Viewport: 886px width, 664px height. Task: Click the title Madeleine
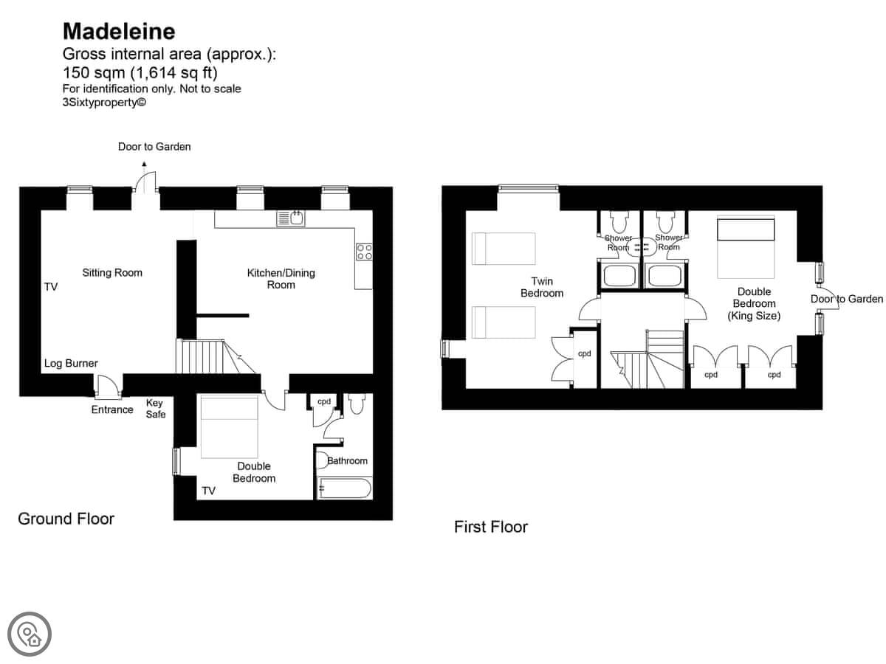[119, 32]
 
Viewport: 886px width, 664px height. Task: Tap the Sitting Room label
[112, 272]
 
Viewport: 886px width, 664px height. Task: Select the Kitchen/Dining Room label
[281, 279]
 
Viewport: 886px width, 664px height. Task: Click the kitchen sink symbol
[291, 218]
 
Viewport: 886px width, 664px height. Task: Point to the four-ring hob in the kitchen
[364, 252]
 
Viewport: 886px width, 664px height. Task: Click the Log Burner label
[71, 363]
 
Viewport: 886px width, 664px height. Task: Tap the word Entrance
[112, 409]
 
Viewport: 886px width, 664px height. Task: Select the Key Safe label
[156, 409]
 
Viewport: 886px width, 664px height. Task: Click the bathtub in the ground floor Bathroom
[344, 488]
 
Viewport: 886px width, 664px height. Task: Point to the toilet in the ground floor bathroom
[357, 404]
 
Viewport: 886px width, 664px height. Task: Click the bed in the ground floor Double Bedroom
[230, 427]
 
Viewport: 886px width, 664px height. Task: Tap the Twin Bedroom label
[542, 287]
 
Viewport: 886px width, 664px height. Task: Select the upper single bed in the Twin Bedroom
[504, 249]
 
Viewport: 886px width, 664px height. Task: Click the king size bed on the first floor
[746, 247]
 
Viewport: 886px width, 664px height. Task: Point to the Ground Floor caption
[66, 519]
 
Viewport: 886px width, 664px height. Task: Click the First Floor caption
[491, 527]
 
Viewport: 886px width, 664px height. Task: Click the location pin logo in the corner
[30, 634]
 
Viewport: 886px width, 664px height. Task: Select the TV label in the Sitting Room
[51, 287]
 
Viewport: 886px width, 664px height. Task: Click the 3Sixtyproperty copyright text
[104, 103]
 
